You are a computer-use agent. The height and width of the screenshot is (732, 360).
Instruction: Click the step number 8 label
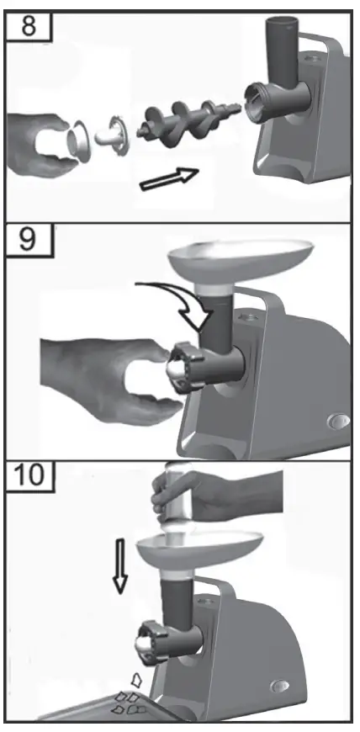[x=29, y=26]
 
